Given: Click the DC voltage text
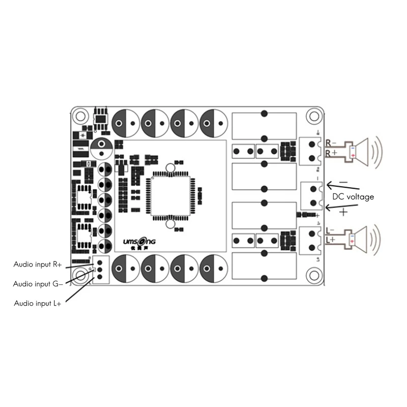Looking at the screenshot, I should pos(353,196).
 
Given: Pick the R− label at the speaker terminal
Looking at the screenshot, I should pos(331,143).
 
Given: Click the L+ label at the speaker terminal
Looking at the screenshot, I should pos(331,239).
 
